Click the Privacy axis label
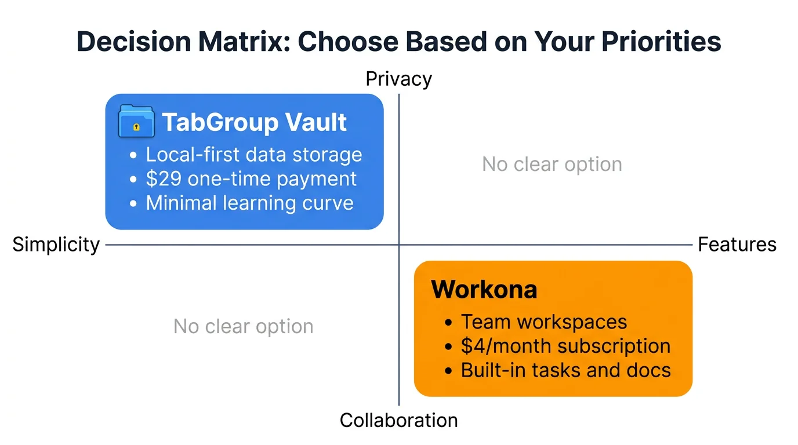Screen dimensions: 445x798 click(x=398, y=79)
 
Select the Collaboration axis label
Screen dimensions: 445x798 click(x=398, y=420)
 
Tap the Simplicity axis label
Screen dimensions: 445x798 click(x=56, y=245)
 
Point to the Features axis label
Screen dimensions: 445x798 click(x=737, y=245)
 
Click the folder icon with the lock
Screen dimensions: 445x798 click(x=136, y=122)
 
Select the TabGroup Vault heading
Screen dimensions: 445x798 click(x=254, y=122)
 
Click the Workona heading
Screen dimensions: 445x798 click(x=484, y=289)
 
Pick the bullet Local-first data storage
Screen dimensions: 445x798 click(x=253, y=155)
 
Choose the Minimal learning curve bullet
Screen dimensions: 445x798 click(x=249, y=203)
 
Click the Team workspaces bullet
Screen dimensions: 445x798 click(x=543, y=322)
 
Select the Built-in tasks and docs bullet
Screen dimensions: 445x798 click(x=565, y=370)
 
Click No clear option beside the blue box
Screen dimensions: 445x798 click(x=552, y=165)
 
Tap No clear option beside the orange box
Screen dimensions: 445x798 click(x=243, y=327)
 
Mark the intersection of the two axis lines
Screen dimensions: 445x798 click(x=399, y=245)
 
